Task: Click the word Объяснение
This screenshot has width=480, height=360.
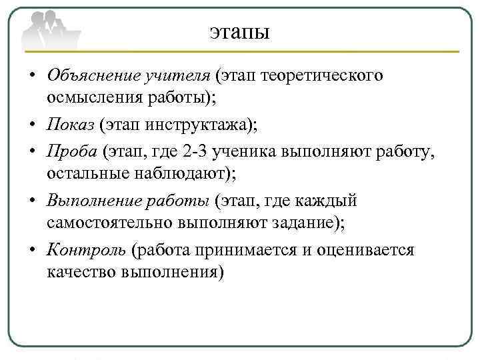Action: pyautogui.click(x=94, y=75)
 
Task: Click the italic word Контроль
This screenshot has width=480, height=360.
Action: pyautogui.click(x=84, y=250)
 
